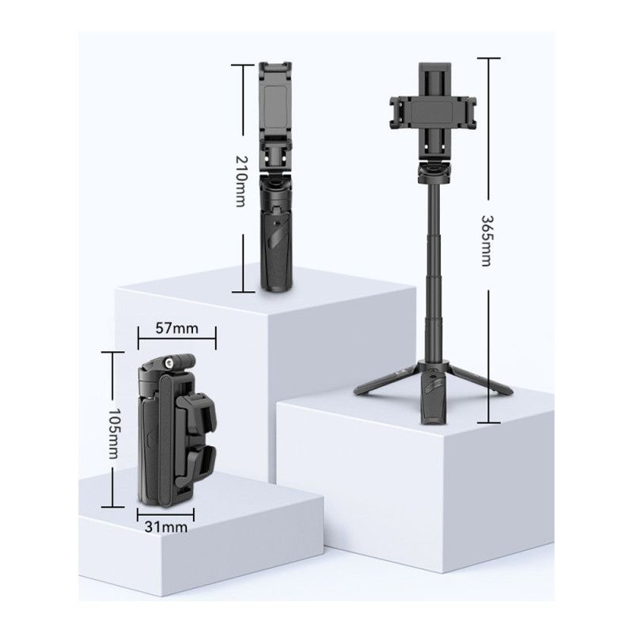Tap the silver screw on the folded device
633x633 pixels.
pos(169,363)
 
